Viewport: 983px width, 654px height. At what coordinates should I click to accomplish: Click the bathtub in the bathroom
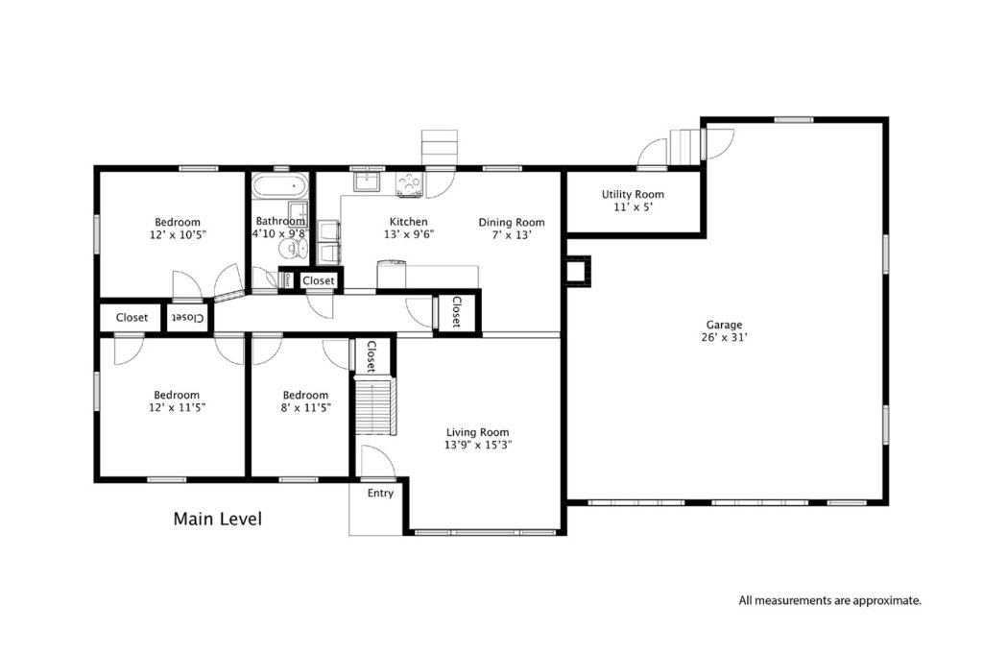point(280,185)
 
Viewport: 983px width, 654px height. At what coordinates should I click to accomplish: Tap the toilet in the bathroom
point(292,248)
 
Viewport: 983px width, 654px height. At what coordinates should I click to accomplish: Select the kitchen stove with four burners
point(409,184)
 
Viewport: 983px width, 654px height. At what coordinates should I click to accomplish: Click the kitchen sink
point(366,182)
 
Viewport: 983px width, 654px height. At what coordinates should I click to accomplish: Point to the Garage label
point(724,325)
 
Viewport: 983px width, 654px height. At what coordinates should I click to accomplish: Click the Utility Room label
point(633,194)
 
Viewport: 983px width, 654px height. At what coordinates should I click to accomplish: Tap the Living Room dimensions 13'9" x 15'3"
point(478,446)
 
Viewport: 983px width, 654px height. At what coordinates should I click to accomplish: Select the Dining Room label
point(512,222)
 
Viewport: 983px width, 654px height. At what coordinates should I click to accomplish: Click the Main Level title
point(218,519)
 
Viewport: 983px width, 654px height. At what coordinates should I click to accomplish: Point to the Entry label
point(380,494)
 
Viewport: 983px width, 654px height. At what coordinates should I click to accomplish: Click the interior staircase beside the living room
point(376,405)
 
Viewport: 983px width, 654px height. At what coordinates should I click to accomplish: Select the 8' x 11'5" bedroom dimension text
point(306,407)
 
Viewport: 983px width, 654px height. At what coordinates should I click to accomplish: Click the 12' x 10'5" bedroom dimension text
point(178,234)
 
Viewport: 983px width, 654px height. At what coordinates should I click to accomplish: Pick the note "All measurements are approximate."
point(830,601)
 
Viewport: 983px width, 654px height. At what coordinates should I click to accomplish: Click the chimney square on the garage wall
point(577,270)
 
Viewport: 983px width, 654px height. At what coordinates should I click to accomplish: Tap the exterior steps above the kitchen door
point(440,148)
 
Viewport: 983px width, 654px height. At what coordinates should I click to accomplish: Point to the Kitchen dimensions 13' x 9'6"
point(409,234)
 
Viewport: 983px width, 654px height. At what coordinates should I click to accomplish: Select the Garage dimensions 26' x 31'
point(724,337)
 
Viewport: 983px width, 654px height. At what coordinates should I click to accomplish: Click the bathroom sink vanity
point(298,214)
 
